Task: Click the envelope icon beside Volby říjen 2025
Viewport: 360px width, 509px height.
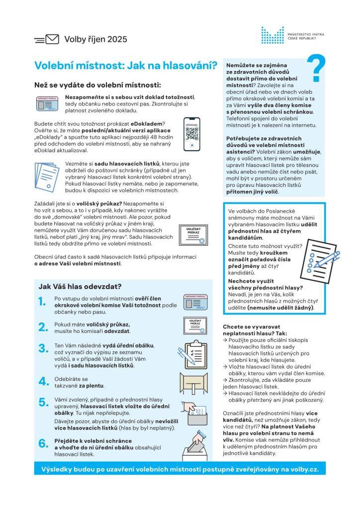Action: (52, 39)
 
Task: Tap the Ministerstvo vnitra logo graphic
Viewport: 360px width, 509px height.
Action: (272, 35)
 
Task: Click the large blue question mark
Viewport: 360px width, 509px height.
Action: (316, 69)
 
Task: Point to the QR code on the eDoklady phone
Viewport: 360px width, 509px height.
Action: (192, 133)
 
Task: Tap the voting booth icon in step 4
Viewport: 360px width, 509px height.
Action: (192, 382)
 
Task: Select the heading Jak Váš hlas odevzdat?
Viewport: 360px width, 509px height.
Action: (80, 286)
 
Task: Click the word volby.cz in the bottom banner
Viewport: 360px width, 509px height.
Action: (304, 468)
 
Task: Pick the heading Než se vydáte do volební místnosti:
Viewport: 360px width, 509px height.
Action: (97, 85)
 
